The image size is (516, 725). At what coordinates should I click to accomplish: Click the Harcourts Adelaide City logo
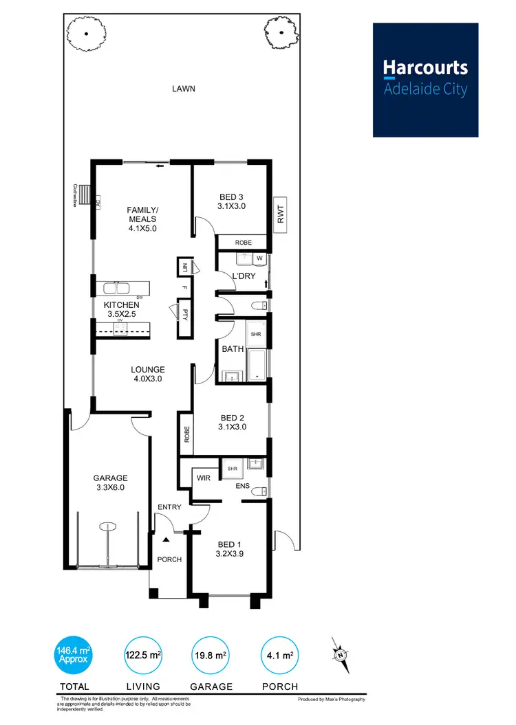(425, 80)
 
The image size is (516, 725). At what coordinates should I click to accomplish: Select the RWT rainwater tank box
(280, 214)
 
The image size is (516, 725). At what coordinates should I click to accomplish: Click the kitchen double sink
(118, 289)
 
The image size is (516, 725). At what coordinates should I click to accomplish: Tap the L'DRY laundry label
(243, 276)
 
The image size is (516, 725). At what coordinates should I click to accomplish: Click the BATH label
(233, 349)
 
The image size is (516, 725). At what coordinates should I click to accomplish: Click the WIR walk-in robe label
(203, 476)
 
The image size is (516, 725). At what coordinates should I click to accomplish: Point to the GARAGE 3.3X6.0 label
(110, 482)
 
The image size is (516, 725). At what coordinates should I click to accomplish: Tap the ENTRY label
(169, 507)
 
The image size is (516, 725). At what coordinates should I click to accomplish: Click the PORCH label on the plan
(169, 559)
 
